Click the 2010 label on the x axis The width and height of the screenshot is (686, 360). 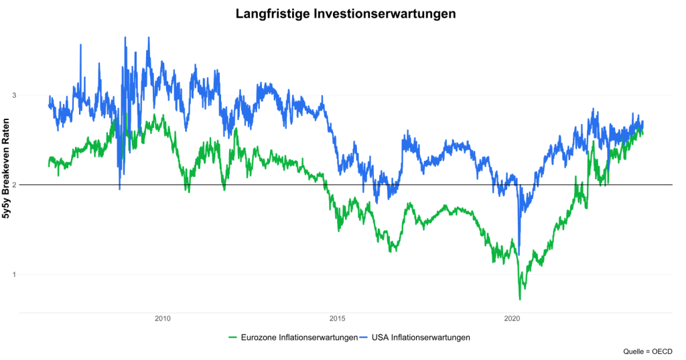[162, 320]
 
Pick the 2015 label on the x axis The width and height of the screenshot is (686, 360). [337, 320]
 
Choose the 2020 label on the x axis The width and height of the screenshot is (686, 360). [512, 320]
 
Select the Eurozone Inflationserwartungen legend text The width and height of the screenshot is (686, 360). [299, 337]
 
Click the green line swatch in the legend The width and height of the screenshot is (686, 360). [233, 337]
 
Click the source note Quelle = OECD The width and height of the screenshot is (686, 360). [647, 351]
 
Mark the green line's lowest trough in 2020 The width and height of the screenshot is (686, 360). [520, 299]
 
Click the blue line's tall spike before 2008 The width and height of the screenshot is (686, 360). [81, 45]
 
